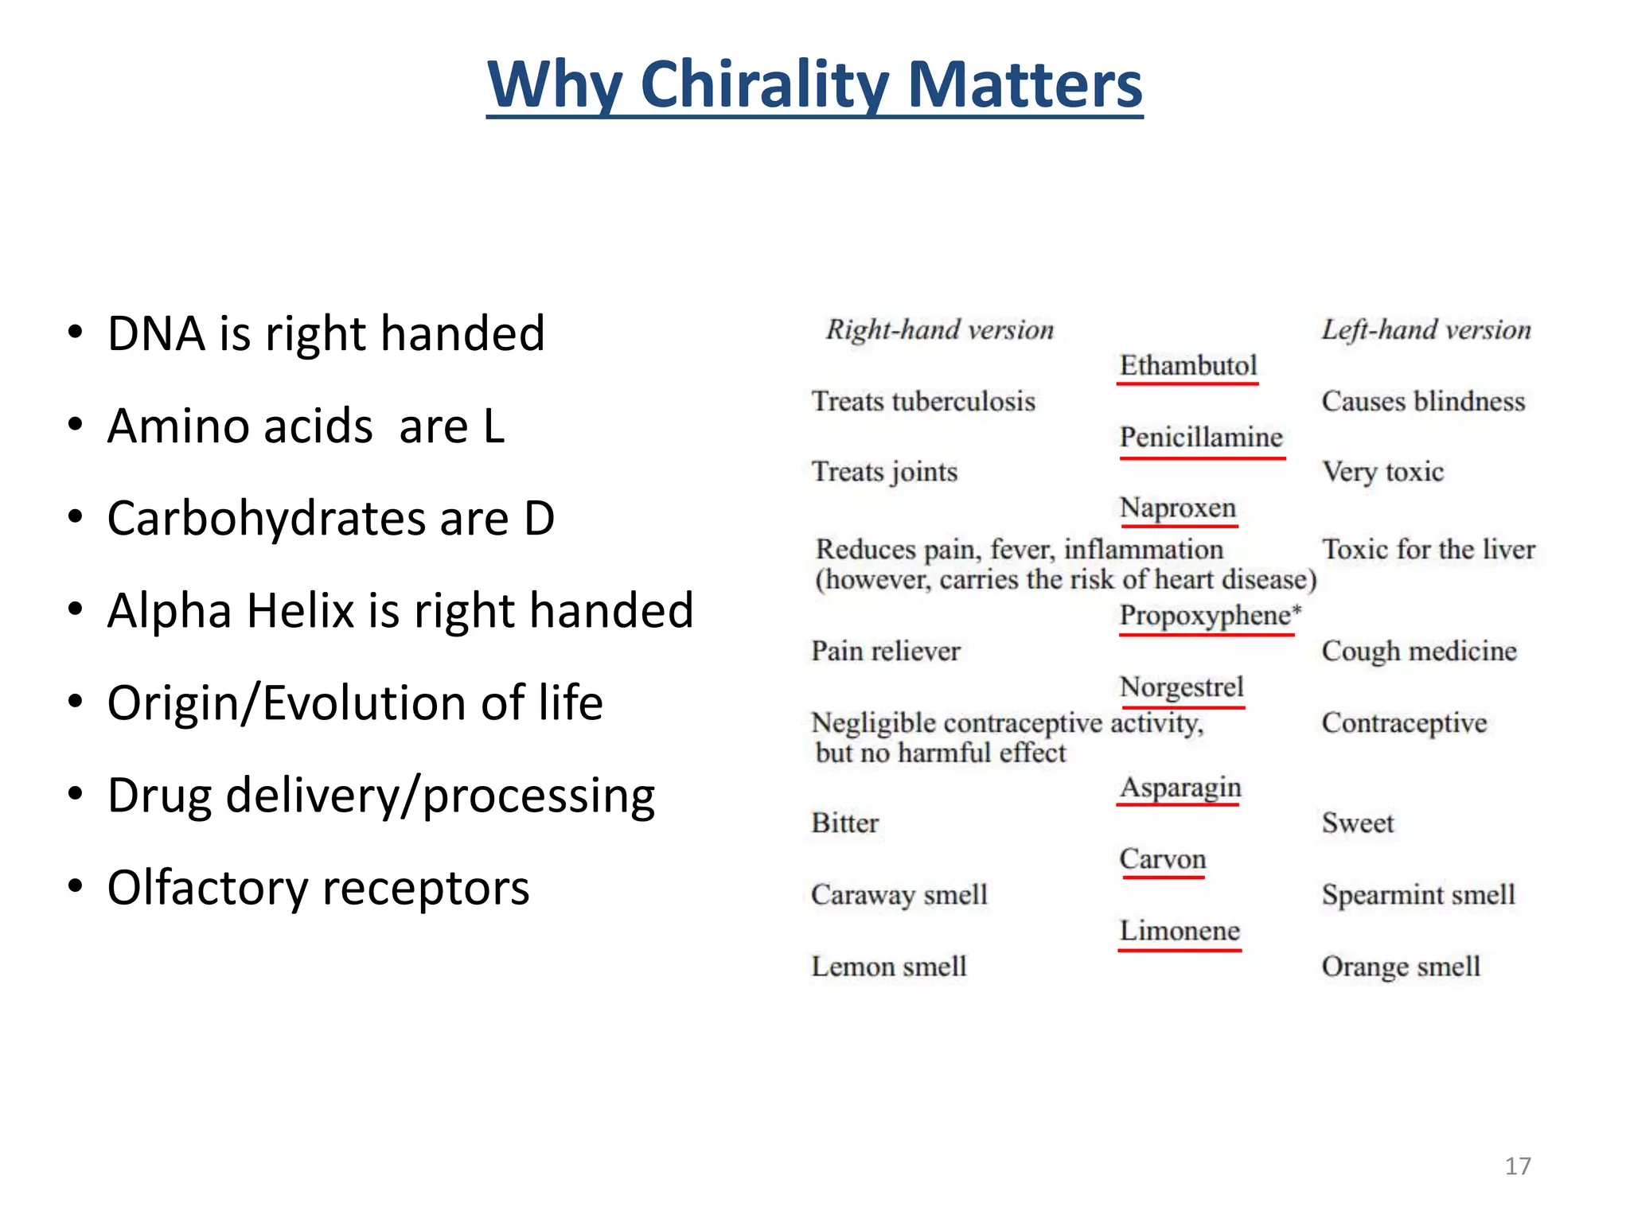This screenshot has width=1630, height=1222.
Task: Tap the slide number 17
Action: pyautogui.click(x=1517, y=1166)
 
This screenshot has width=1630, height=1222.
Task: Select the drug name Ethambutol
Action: pyautogui.click(x=1187, y=366)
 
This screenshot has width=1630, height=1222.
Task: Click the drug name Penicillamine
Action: pyautogui.click(x=1200, y=438)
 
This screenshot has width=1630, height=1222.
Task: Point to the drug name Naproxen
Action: pyautogui.click(x=1177, y=508)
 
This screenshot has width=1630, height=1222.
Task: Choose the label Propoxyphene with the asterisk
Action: pyautogui.click(x=1209, y=616)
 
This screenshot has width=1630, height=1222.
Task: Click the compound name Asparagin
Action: pyautogui.click(x=1180, y=788)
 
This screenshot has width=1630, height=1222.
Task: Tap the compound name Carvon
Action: pyautogui.click(x=1162, y=859)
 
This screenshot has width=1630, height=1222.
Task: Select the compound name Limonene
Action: pyautogui.click(x=1180, y=931)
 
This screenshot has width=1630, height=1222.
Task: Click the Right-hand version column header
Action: pyautogui.click(x=939, y=330)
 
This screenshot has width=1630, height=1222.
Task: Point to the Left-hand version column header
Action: pyautogui.click(x=1425, y=330)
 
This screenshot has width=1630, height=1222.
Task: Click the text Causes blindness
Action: pyautogui.click(x=1423, y=402)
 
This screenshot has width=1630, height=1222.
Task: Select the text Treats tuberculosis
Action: pyautogui.click(x=923, y=402)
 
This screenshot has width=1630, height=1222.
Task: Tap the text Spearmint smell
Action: pyautogui.click(x=1418, y=895)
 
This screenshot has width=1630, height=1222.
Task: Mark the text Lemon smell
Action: pyautogui.click(x=888, y=967)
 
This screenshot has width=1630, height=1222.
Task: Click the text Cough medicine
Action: pyautogui.click(x=1419, y=652)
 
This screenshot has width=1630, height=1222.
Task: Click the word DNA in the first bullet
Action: pyautogui.click(x=155, y=333)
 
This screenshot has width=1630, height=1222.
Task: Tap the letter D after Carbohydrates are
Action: pyautogui.click(x=540, y=519)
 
